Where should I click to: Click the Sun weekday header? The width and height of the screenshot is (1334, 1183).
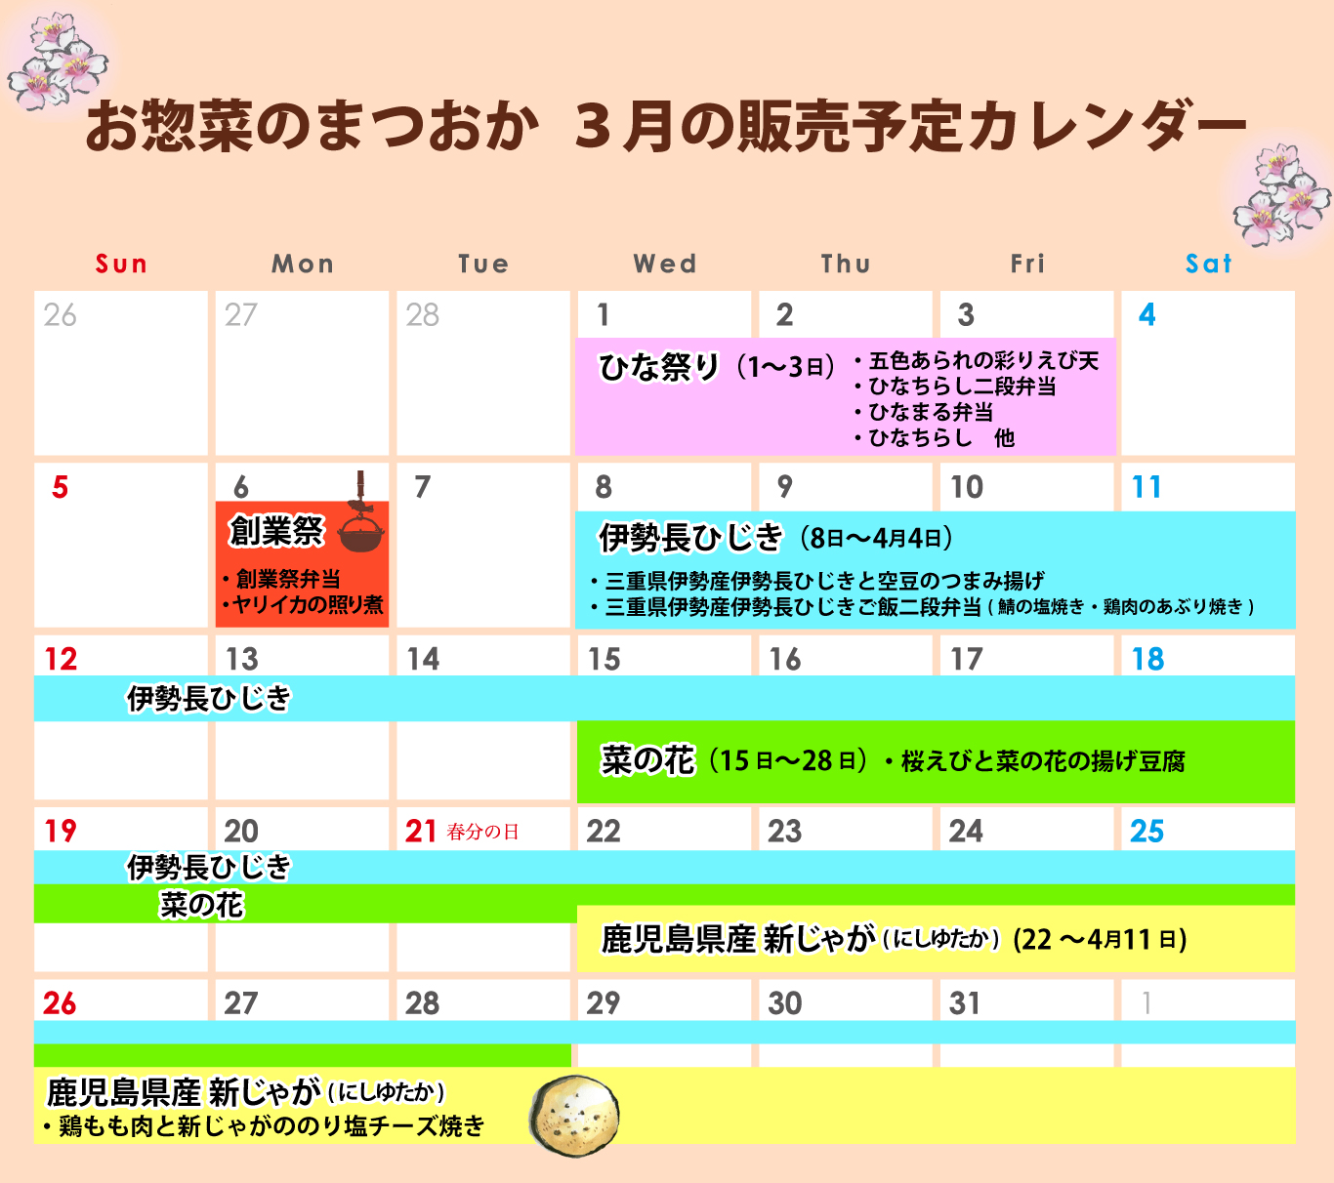click(121, 264)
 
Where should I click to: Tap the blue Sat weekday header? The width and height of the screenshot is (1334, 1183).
click(1208, 264)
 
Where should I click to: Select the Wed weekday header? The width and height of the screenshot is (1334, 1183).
click(665, 264)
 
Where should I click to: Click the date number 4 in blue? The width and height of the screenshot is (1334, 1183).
click(1147, 314)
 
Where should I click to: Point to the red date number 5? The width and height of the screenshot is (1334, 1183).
click(60, 487)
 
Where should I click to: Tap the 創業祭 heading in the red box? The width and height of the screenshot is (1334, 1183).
click(276, 531)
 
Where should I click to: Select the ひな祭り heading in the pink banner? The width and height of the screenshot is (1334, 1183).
click(658, 367)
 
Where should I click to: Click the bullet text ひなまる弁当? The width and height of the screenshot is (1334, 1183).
click(930, 412)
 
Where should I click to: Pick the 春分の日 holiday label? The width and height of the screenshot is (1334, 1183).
click(482, 832)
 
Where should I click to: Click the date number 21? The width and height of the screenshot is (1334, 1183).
click(421, 831)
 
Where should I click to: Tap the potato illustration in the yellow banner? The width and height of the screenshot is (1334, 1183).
click(574, 1116)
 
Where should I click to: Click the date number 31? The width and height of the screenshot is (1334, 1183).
click(964, 1003)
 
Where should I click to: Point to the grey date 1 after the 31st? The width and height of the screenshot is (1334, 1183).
click(1147, 1003)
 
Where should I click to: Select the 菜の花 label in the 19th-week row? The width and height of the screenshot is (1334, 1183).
click(201, 905)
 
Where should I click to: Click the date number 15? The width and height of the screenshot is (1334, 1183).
click(604, 659)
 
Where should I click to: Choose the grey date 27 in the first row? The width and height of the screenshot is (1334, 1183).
click(240, 314)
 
